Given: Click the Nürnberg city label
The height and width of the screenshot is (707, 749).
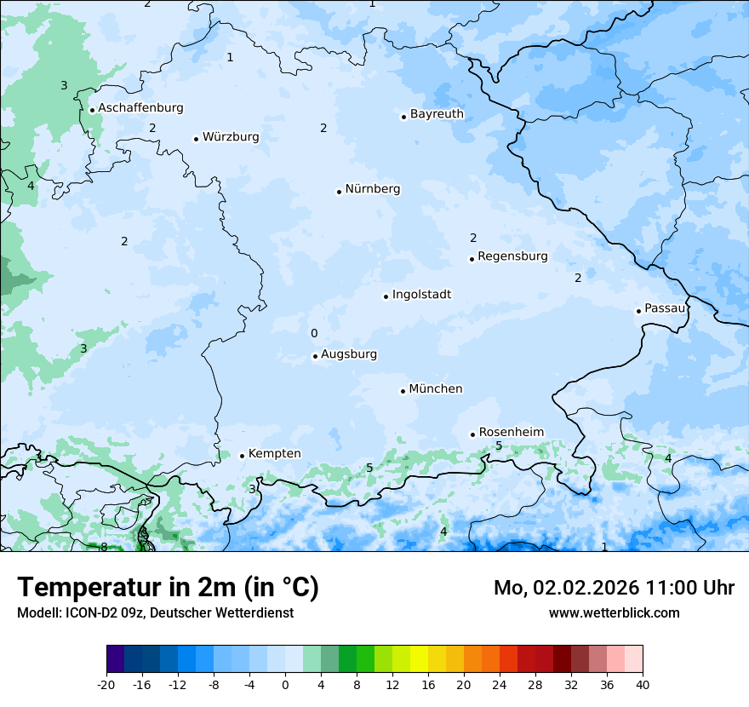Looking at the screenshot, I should (372, 189).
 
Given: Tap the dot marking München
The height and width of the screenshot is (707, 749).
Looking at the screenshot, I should (403, 391).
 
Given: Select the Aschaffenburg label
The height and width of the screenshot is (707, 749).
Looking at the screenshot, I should (140, 108).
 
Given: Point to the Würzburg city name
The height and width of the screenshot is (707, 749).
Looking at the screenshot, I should (231, 137).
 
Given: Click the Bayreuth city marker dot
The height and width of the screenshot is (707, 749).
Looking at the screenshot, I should (403, 117).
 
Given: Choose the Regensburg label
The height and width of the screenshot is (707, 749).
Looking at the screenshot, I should (512, 256).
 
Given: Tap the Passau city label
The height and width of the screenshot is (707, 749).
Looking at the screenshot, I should (664, 308).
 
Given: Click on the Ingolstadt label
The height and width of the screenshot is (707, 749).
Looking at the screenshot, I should (421, 295).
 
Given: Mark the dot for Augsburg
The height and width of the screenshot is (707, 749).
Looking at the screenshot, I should (315, 356).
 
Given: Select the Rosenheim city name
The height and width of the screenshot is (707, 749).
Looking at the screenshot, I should (511, 432).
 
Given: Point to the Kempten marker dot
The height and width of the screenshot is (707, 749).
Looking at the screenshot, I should (242, 456).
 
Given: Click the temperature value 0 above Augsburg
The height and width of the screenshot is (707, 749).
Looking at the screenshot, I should (314, 334).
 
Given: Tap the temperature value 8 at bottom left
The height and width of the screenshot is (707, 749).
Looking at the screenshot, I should (104, 547).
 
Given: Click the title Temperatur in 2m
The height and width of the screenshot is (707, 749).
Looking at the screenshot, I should (168, 587).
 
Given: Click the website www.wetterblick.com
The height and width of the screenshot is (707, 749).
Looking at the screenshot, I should (614, 612).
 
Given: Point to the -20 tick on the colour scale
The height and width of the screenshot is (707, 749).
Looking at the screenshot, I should (106, 685).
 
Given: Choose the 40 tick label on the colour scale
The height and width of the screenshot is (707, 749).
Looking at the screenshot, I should (643, 685).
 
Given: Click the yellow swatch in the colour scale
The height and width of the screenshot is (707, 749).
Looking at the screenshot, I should (419, 660).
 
